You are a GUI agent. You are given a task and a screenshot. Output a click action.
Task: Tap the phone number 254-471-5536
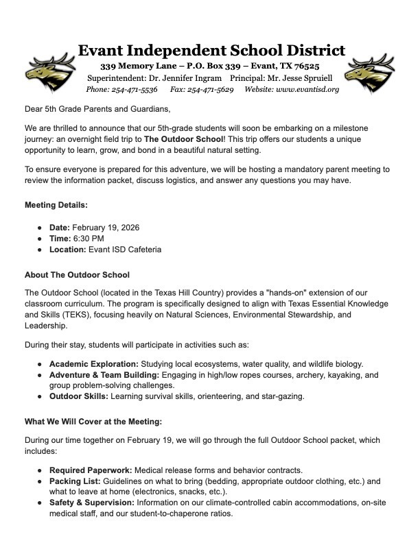(134, 89)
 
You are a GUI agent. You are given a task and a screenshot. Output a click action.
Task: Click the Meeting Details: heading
(56, 206)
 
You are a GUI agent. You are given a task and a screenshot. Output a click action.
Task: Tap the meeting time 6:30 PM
(89, 237)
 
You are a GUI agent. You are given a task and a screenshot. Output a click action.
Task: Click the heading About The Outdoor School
(77, 276)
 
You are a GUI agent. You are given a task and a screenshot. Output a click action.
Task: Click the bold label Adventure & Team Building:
(104, 376)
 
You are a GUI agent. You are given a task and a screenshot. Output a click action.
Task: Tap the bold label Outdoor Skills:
(76, 396)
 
